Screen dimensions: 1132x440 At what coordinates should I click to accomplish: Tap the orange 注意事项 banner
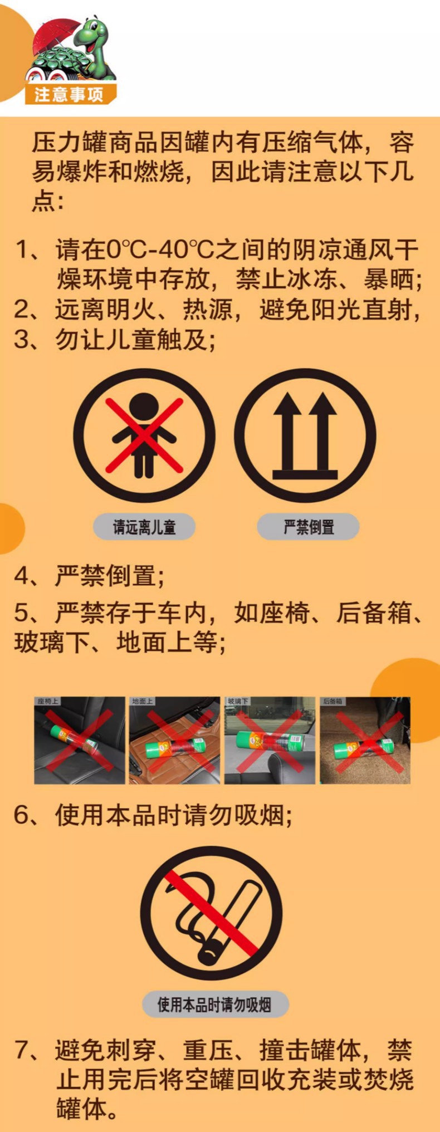click(70, 95)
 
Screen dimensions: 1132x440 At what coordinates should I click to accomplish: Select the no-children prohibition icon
click(144, 435)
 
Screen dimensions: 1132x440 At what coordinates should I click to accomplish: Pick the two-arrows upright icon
click(305, 435)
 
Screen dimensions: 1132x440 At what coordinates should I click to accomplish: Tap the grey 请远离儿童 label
click(144, 527)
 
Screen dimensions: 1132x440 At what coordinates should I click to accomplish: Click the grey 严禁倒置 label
click(308, 527)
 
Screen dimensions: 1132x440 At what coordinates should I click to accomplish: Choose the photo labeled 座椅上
click(80, 741)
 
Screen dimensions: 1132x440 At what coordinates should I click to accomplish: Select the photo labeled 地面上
click(174, 741)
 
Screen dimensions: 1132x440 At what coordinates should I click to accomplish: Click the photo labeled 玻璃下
click(270, 741)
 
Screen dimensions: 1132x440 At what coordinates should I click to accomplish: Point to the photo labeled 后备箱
click(365, 741)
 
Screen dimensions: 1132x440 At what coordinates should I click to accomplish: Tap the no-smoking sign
click(211, 913)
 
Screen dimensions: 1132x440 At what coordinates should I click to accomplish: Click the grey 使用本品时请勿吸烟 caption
click(214, 1004)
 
